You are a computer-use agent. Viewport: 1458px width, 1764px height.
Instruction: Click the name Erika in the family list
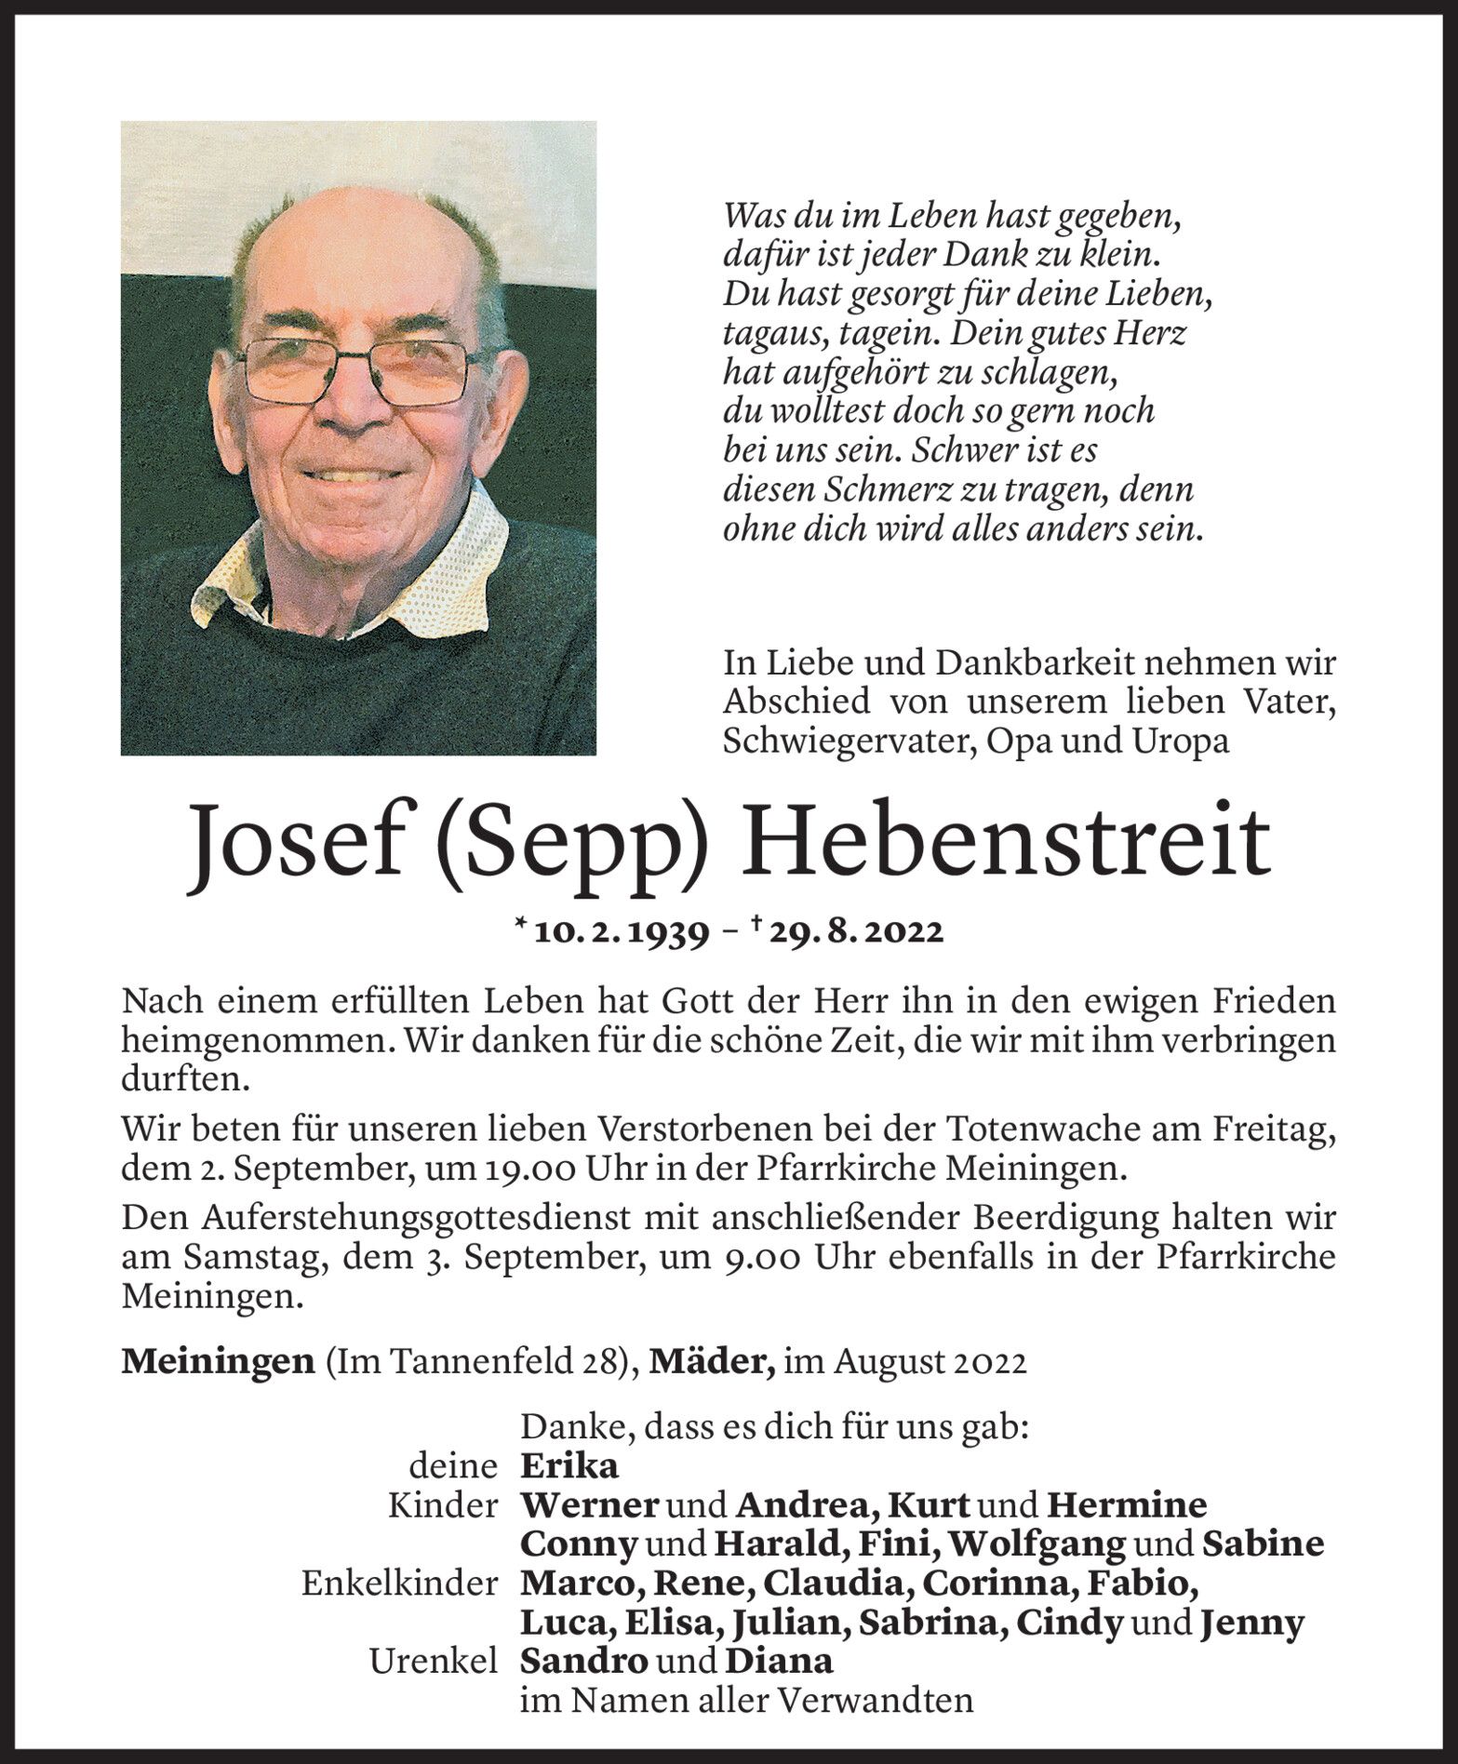tap(568, 1466)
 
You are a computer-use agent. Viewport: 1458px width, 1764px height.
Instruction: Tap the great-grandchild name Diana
tap(779, 1661)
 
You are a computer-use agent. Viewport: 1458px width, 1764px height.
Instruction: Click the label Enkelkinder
tap(399, 1584)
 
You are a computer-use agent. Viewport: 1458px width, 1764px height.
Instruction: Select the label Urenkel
tap(434, 1662)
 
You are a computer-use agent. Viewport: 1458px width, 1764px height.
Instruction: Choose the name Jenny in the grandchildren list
tap(1251, 1623)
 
